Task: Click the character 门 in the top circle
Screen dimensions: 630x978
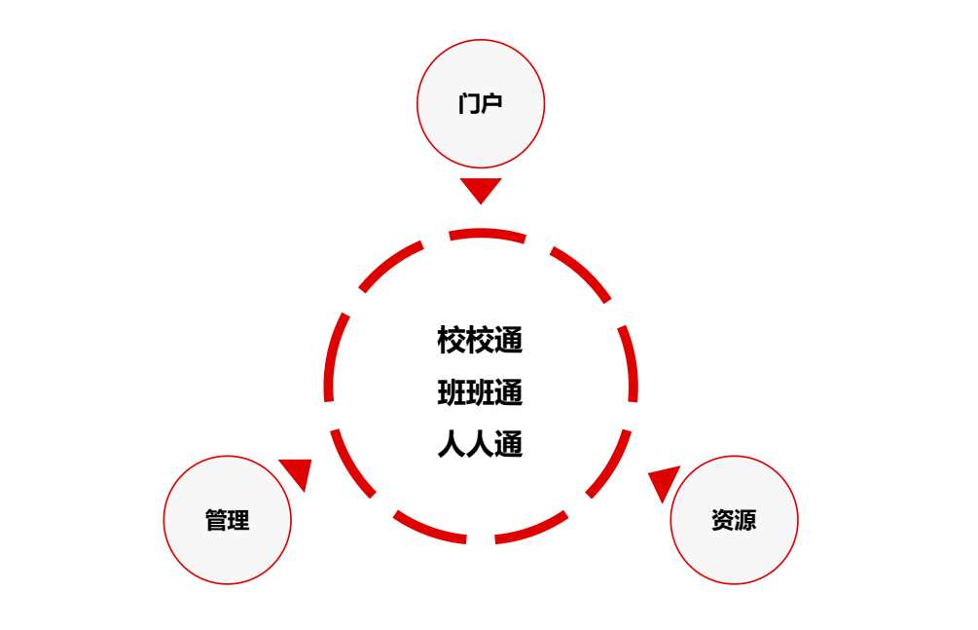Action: coord(469,104)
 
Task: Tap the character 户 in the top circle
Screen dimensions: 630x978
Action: coord(491,104)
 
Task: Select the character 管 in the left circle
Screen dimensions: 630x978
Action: coord(216,521)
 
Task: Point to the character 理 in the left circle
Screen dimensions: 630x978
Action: coord(238,521)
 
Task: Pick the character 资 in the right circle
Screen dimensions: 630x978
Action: coord(722,521)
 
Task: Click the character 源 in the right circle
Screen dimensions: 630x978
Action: coord(745,521)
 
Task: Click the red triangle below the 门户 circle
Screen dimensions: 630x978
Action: coord(481,189)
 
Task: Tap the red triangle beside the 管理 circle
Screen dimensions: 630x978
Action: coord(297,472)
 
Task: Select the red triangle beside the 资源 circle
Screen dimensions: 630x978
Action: coord(664,481)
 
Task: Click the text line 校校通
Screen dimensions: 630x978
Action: coord(480,341)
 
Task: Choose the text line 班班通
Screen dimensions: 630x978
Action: coord(480,393)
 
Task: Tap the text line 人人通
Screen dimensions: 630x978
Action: coord(480,445)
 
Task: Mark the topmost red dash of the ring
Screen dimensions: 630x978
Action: coord(487,234)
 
